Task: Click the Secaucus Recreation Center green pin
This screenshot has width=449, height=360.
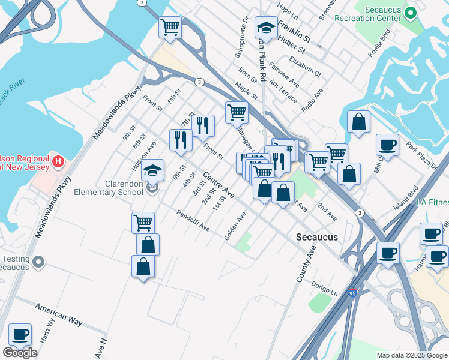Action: pos(411,13)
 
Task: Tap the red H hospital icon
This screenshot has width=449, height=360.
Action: pos(58,161)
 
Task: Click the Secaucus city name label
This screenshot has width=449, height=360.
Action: pos(317,237)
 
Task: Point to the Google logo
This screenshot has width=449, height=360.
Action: pos(20,353)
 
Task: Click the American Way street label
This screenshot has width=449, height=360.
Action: pos(58,314)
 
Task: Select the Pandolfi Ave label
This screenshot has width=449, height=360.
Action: pos(193,220)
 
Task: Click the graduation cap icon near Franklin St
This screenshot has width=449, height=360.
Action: pos(265,26)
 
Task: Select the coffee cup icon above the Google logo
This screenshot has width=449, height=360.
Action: pos(20,334)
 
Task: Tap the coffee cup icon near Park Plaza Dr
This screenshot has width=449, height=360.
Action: pos(387,144)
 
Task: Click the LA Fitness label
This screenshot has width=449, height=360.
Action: pos(432,203)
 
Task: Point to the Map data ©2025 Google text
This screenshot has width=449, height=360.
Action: pos(412,355)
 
